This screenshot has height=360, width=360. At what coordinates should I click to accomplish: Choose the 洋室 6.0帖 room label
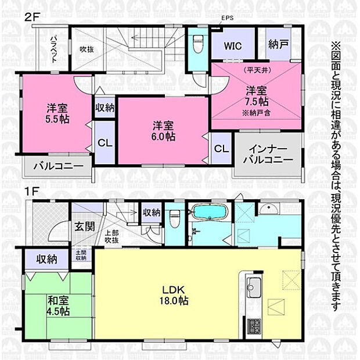tap(163, 131)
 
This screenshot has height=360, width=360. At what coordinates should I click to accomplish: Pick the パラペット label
tap(53, 44)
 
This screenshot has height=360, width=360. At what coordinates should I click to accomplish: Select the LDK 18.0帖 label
tap(175, 294)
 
